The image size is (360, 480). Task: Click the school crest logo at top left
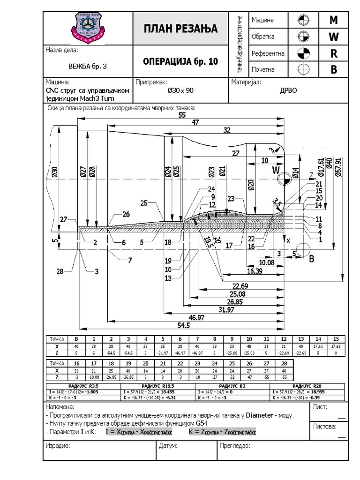(x=89, y=28)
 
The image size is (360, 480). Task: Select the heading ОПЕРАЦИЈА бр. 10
(x=180, y=61)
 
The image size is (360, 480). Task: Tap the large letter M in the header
(x=334, y=20)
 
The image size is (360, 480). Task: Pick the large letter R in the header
(x=334, y=53)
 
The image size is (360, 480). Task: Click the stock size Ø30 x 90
(x=180, y=91)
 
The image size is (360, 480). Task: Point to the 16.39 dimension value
(x=255, y=271)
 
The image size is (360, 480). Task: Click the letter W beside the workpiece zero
(x=276, y=169)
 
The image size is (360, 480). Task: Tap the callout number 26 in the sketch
(x=126, y=214)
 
